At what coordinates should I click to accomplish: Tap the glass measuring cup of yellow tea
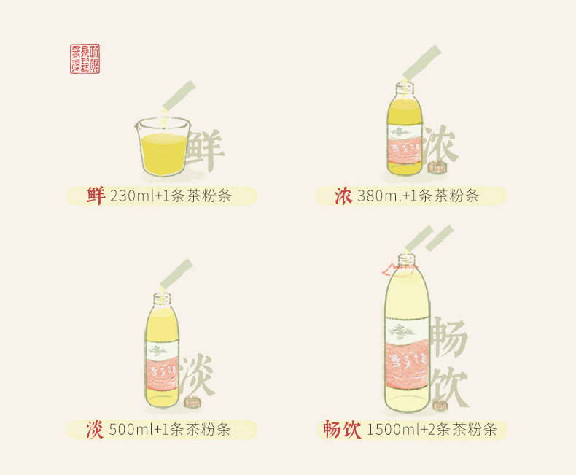pyautogui.click(x=163, y=147)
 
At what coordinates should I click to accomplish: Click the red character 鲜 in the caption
pyautogui.click(x=96, y=196)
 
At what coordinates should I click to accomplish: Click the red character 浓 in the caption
pyautogui.click(x=343, y=196)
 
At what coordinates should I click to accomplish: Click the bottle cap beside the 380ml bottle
pyautogui.click(x=437, y=170)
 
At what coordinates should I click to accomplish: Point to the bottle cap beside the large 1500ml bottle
pyautogui.click(x=439, y=404)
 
